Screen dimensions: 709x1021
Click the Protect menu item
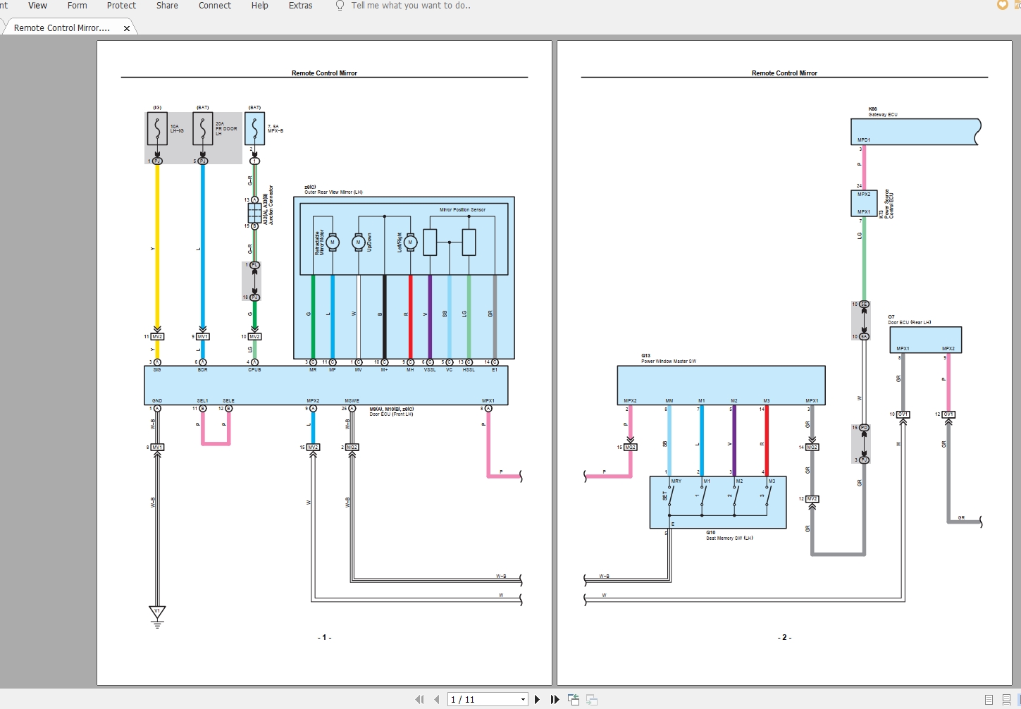pos(121,6)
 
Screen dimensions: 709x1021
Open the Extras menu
pos(300,6)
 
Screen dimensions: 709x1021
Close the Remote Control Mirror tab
pos(127,29)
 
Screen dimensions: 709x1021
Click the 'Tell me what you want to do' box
pos(410,6)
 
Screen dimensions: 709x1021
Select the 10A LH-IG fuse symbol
pos(157,129)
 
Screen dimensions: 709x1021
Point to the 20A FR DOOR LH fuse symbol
pos(203,129)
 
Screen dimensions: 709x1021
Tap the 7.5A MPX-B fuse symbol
pos(255,129)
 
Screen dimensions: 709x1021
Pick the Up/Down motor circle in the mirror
pos(359,242)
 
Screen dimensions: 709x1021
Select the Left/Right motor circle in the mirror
pos(410,242)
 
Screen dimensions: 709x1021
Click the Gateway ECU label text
pos(883,114)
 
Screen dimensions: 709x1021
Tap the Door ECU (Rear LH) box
pos(925,340)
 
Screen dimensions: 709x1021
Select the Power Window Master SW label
pos(669,362)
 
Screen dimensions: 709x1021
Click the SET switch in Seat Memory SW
pos(670,496)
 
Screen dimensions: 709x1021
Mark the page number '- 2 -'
pos(784,638)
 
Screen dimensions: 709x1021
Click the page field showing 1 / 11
pos(486,700)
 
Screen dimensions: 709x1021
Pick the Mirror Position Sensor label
pos(462,210)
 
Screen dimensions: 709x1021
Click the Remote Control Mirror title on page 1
pos(324,73)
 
